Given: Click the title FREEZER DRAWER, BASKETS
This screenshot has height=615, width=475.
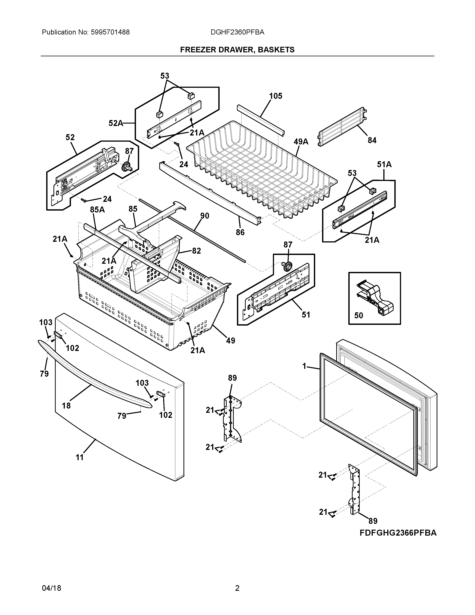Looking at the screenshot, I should click(x=237, y=50).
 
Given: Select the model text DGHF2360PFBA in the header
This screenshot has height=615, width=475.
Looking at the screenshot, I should click(x=237, y=32).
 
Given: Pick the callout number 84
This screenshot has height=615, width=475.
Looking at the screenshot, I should click(x=372, y=140).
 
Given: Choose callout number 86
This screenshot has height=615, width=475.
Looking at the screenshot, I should click(x=240, y=232).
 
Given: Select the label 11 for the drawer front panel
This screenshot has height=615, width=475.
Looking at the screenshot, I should click(x=80, y=457).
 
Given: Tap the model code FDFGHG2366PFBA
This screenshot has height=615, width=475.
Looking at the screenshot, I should click(x=398, y=533).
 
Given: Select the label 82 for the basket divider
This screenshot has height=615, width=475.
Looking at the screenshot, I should click(x=196, y=251).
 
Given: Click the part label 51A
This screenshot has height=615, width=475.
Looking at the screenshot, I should click(x=384, y=164).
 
